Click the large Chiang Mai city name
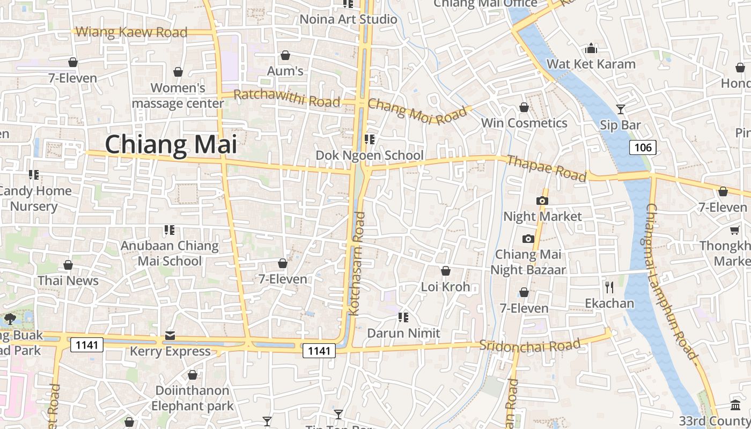coord(171,145)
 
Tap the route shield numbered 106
coord(643,147)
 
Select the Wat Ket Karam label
coord(591,64)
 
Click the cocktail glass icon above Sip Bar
coord(621,109)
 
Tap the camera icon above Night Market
coord(542,201)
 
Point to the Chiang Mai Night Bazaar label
coord(528,262)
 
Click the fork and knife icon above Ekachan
coord(609,287)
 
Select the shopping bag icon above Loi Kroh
coord(445,271)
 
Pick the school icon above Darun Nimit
coord(403,317)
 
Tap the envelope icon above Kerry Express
coord(170,336)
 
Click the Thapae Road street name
coord(546,168)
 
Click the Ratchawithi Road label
coord(287,99)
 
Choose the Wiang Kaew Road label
coord(131,32)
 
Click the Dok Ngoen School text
coord(369,156)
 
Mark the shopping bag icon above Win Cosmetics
coord(524,108)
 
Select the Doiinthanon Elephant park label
coord(192,398)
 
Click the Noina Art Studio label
coord(348,19)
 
